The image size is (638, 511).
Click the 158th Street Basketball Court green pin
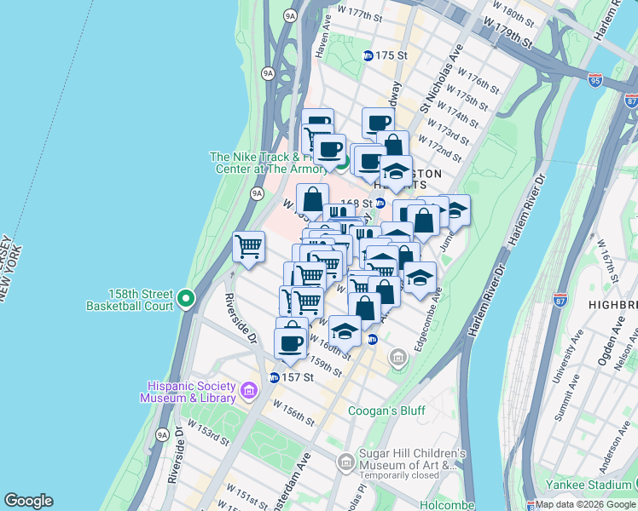[x=187, y=299]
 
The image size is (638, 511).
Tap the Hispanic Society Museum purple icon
[x=249, y=391]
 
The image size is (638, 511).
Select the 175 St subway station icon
[x=368, y=55]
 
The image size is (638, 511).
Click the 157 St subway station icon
[x=274, y=377]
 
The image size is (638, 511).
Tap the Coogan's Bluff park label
[x=386, y=411]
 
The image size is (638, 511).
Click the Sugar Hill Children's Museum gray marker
[x=345, y=462]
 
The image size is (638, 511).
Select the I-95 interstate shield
[x=595, y=80]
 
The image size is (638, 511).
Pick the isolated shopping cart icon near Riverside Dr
[x=248, y=247]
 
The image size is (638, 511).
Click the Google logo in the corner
[x=28, y=500]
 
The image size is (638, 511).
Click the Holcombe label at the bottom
[x=447, y=505]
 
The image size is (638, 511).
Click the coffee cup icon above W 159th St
[x=290, y=342]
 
